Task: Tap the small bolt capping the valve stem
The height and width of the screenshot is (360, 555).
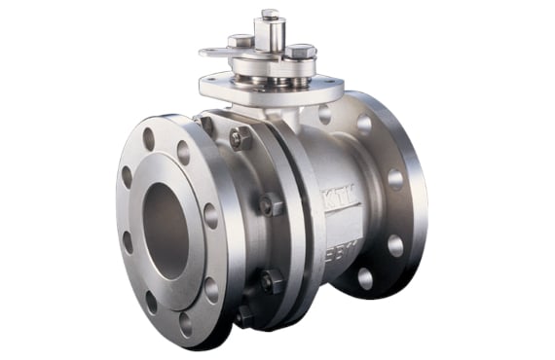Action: (x=270, y=14)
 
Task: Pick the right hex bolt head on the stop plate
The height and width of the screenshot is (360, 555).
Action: (x=300, y=50)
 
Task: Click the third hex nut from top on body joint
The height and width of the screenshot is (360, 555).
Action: (x=268, y=282)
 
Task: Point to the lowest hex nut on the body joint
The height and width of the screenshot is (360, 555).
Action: (x=243, y=315)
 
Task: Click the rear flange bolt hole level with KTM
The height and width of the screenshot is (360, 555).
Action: (x=395, y=179)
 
